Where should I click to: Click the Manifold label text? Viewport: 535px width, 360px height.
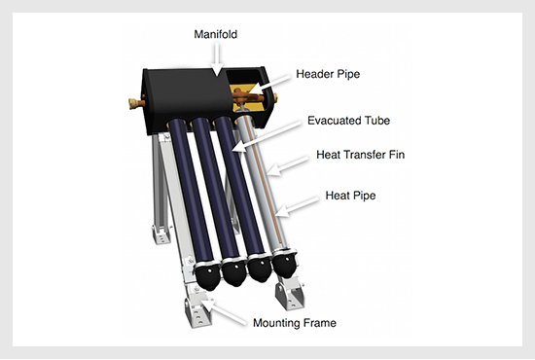tap(215, 34)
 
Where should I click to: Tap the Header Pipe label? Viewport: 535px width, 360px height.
tap(328, 74)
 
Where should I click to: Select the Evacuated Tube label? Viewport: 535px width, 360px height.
tap(348, 121)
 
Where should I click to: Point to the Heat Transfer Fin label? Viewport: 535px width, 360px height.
tap(360, 155)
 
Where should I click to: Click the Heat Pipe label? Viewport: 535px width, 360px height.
tap(350, 196)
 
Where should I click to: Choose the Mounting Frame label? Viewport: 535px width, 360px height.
tap(295, 323)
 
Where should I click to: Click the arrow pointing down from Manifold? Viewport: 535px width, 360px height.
tap(217, 58)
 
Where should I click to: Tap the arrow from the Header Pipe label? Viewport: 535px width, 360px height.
tap(269, 85)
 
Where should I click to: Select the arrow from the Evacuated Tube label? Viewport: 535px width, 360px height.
tap(267, 137)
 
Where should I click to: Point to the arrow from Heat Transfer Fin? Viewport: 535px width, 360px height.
tap(287, 166)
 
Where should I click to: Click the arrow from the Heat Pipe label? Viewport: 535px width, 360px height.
tap(297, 207)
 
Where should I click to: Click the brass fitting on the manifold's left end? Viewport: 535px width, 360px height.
tap(134, 103)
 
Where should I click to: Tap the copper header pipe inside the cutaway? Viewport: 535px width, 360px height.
tap(249, 97)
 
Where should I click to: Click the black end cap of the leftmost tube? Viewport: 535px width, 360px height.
tap(207, 276)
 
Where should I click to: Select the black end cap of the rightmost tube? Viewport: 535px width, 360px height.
tap(285, 266)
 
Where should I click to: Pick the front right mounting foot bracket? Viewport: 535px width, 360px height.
tap(290, 296)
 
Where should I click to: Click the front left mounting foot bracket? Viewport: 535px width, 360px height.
tap(197, 313)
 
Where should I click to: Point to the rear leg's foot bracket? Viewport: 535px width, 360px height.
tap(161, 234)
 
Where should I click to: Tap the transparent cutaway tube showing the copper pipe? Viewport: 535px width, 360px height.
tap(264, 182)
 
